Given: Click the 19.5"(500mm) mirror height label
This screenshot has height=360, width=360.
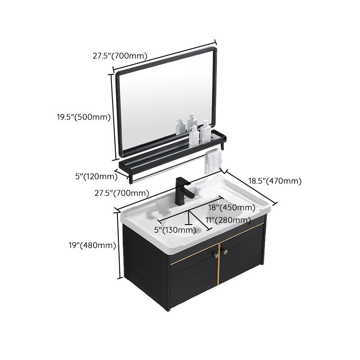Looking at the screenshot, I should click(83, 117).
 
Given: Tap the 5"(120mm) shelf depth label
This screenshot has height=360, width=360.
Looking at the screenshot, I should click(96, 176).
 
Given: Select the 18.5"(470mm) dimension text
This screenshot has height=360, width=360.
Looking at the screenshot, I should click(274, 181).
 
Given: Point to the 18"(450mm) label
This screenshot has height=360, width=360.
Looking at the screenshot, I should click(231, 207).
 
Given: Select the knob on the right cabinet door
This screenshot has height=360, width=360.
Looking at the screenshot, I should click(226, 252).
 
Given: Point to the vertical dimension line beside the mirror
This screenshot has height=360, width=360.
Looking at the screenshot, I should click(112, 117).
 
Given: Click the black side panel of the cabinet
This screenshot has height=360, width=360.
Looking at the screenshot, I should click(144, 265).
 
